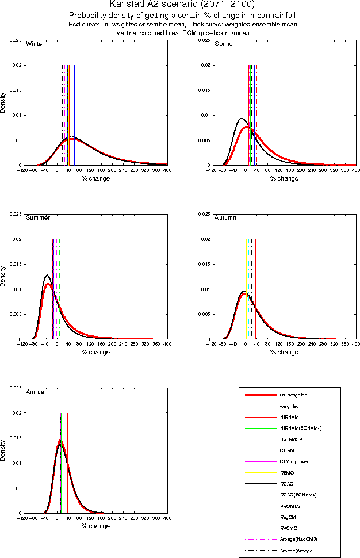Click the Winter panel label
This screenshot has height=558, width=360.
tap(36, 44)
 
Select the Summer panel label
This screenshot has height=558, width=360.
tap(38, 218)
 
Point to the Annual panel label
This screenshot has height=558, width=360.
tap(36, 392)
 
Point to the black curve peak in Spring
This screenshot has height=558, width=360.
tap(242, 119)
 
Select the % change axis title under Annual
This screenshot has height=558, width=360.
tap(95, 526)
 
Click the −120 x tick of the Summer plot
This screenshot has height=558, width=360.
tap(22, 344)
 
